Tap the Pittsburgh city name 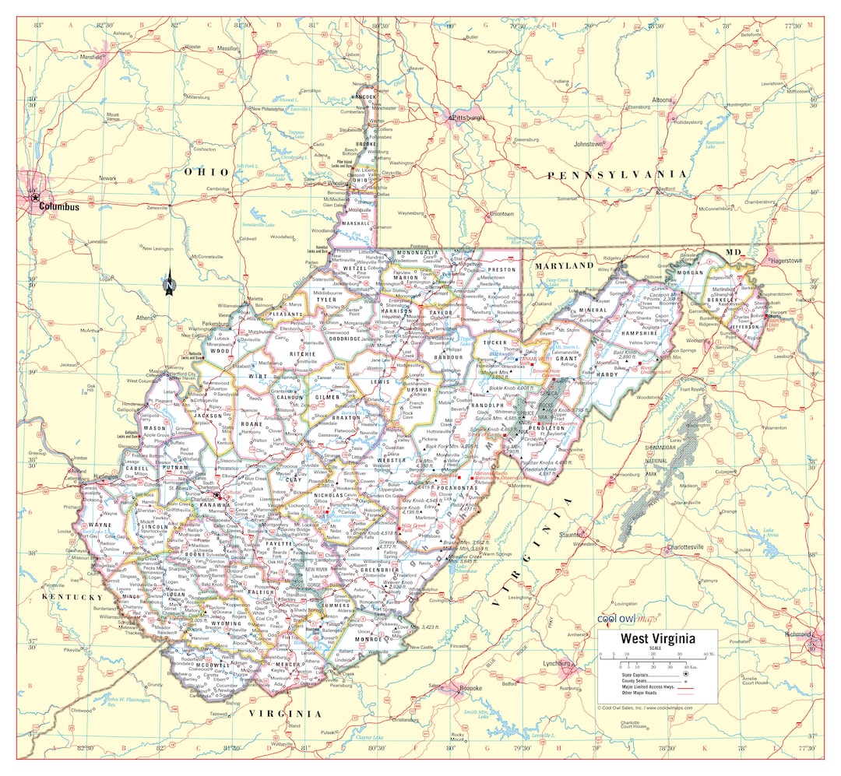468,118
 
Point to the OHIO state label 206,171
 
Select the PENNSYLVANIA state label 618,175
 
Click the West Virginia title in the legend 657,638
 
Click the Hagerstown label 786,261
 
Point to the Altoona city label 662,100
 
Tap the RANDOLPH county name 487,406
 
